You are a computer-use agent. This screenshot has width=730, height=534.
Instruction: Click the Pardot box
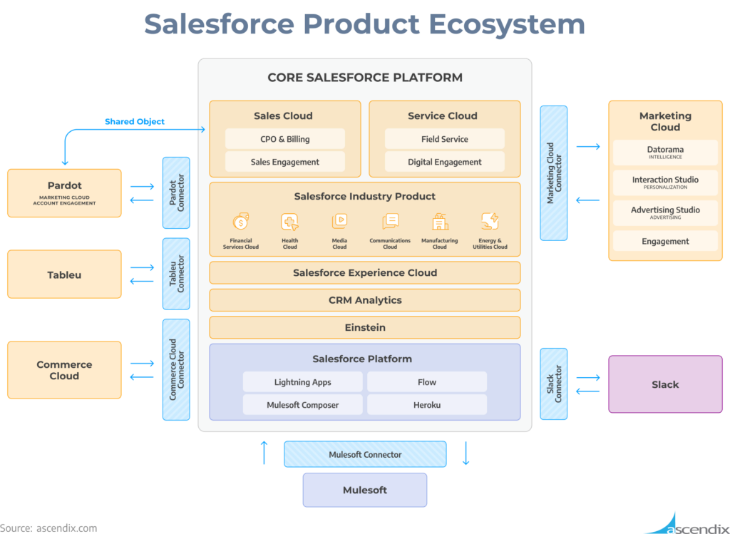pyautogui.click(x=64, y=192)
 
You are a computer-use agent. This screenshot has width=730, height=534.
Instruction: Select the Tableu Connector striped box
pyautogui.click(x=176, y=274)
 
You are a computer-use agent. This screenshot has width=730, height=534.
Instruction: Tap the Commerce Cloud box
pyautogui.click(x=64, y=370)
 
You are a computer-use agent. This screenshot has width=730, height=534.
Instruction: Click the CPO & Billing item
pyautogui.click(x=285, y=139)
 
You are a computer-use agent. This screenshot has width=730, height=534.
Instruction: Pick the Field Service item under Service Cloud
pyautogui.click(x=444, y=139)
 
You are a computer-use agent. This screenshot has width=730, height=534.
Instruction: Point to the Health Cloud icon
pyautogui.click(x=289, y=222)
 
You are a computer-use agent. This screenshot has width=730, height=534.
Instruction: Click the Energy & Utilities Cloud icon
pyautogui.click(x=490, y=222)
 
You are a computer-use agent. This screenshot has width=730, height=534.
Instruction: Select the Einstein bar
pyautogui.click(x=364, y=327)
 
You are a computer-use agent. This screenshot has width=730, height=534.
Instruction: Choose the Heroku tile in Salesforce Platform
pyautogui.click(x=427, y=405)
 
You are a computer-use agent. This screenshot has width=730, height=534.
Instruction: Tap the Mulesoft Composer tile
pyautogui.click(x=303, y=405)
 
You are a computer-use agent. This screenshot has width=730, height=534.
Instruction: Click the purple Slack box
pyautogui.click(x=665, y=384)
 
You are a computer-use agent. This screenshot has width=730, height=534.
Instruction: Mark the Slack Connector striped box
pyautogui.click(x=554, y=384)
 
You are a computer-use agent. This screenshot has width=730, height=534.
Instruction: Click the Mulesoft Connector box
pyautogui.click(x=365, y=454)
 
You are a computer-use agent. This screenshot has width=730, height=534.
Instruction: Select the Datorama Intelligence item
pyautogui.click(x=665, y=153)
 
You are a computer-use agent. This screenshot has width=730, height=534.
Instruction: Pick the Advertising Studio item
pyautogui.click(x=665, y=212)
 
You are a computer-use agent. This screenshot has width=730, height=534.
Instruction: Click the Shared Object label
pyautogui.click(x=135, y=122)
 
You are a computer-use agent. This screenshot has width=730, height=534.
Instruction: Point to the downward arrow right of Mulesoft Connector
pyautogui.click(x=466, y=453)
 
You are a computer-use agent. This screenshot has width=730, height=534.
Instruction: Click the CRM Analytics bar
pyautogui.click(x=364, y=300)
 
